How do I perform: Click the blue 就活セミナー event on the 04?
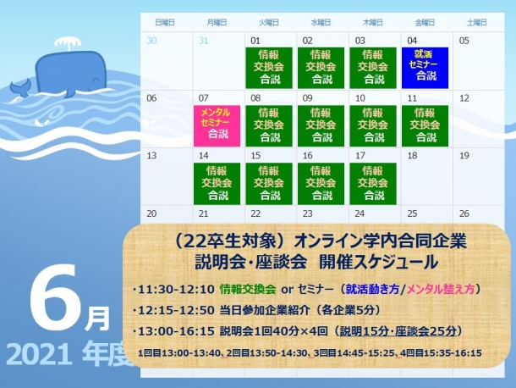[425, 68]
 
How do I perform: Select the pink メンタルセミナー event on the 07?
[217, 126]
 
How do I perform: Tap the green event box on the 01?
[269, 68]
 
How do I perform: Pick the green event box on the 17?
[373, 184]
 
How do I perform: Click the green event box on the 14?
[217, 184]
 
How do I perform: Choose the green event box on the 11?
[425, 126]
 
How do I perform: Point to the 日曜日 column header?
[165, 22]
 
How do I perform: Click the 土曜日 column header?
[477, 22]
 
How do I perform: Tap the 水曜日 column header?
[321, 22]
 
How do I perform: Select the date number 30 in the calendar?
[151, 41]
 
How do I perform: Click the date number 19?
[464, 156]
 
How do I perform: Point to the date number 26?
[464, 213]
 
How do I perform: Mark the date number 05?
[464, 41]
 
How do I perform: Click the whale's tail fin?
[20, 87]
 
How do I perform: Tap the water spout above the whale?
[68, 43]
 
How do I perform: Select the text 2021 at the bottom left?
[39, 355]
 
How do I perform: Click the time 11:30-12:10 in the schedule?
[177, 290]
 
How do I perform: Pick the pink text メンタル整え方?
[441, 290]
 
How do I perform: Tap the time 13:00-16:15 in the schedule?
[177, 331]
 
